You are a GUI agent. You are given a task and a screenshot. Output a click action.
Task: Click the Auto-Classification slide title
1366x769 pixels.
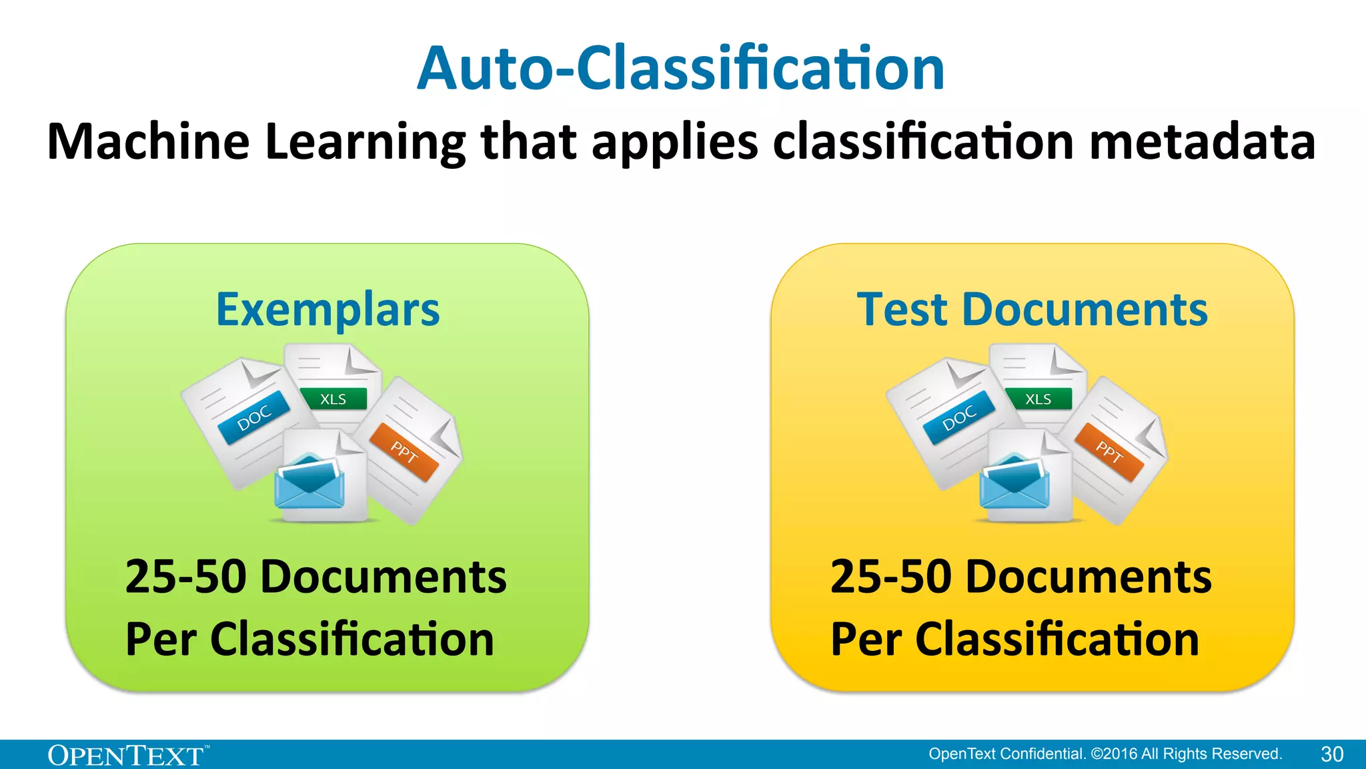pos(681,68)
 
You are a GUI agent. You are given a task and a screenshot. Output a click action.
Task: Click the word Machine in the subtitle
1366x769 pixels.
pos(148,142)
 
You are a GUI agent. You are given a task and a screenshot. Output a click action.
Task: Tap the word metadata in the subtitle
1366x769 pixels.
pos(1202,142)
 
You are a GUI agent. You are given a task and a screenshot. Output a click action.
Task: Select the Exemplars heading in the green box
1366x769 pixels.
pos(327,310)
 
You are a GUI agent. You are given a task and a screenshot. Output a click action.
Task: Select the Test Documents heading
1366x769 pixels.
pos(1032,310)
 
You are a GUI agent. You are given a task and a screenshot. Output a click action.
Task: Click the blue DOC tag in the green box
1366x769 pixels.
pos(254,419)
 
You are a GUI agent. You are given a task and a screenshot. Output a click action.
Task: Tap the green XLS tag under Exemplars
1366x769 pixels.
pos(333,399)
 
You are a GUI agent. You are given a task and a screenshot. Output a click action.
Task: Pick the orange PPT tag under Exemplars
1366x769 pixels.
pos(404,452)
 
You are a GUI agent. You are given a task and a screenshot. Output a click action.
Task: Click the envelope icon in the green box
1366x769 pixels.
pos(309,482)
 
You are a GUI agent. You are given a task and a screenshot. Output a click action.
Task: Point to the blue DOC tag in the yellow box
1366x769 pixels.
pos(959,419)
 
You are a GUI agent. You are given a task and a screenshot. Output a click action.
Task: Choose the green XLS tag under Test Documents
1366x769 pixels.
pos(1038,399)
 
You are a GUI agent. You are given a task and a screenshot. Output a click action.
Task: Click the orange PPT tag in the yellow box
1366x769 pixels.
pos(1109,452)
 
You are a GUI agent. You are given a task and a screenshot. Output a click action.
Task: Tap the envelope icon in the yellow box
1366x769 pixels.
pos(1014,482)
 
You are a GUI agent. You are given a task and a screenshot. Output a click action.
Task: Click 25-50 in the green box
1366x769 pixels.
pos(185,577)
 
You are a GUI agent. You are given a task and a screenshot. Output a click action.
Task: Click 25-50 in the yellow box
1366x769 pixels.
pos(890,577)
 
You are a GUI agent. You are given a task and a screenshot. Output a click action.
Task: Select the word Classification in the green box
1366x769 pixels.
pos(352,639)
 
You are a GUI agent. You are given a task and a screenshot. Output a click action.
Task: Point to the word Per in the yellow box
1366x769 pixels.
pos(865,639)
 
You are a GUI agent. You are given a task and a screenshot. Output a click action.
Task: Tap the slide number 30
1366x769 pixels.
pos(1331,754)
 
